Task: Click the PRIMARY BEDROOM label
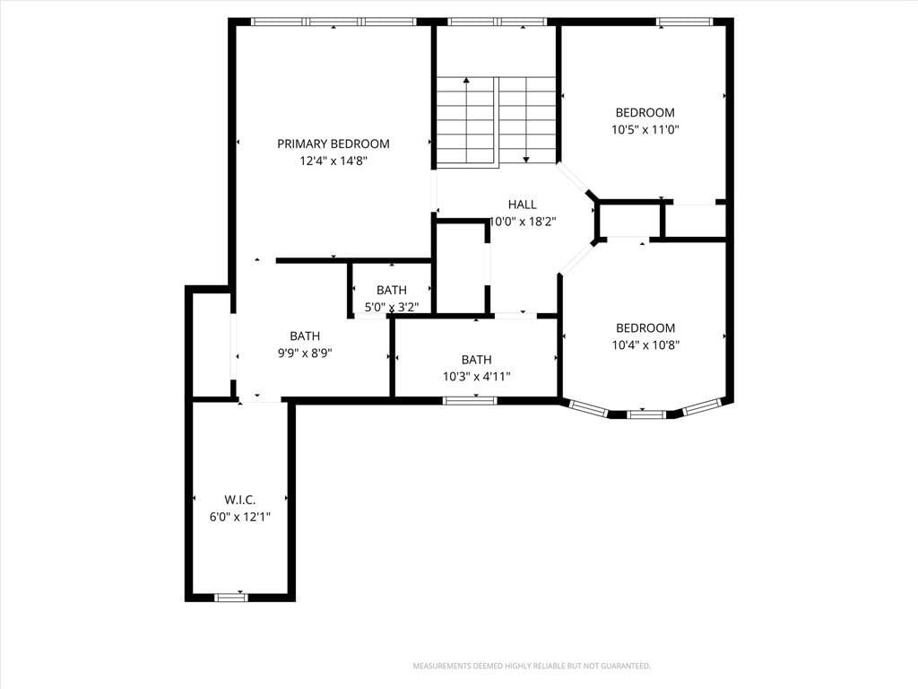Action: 333,144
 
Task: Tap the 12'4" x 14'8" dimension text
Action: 333,161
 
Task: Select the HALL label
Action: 523,205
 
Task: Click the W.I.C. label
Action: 240,500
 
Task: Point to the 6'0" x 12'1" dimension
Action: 240,517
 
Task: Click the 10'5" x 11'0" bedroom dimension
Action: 645,129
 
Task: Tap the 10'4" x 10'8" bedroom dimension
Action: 645,345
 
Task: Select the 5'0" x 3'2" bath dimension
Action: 392,307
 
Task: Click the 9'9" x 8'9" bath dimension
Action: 305,353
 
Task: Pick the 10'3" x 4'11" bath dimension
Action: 477,376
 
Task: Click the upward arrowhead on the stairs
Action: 466,80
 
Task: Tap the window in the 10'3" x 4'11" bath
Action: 470,401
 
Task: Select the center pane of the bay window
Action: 646,414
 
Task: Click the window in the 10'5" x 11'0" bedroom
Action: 684,22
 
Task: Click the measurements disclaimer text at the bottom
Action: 532,667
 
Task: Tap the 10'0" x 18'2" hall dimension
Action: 523,222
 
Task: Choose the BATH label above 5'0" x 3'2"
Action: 392,290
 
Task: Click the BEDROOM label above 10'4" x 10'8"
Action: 645,328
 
